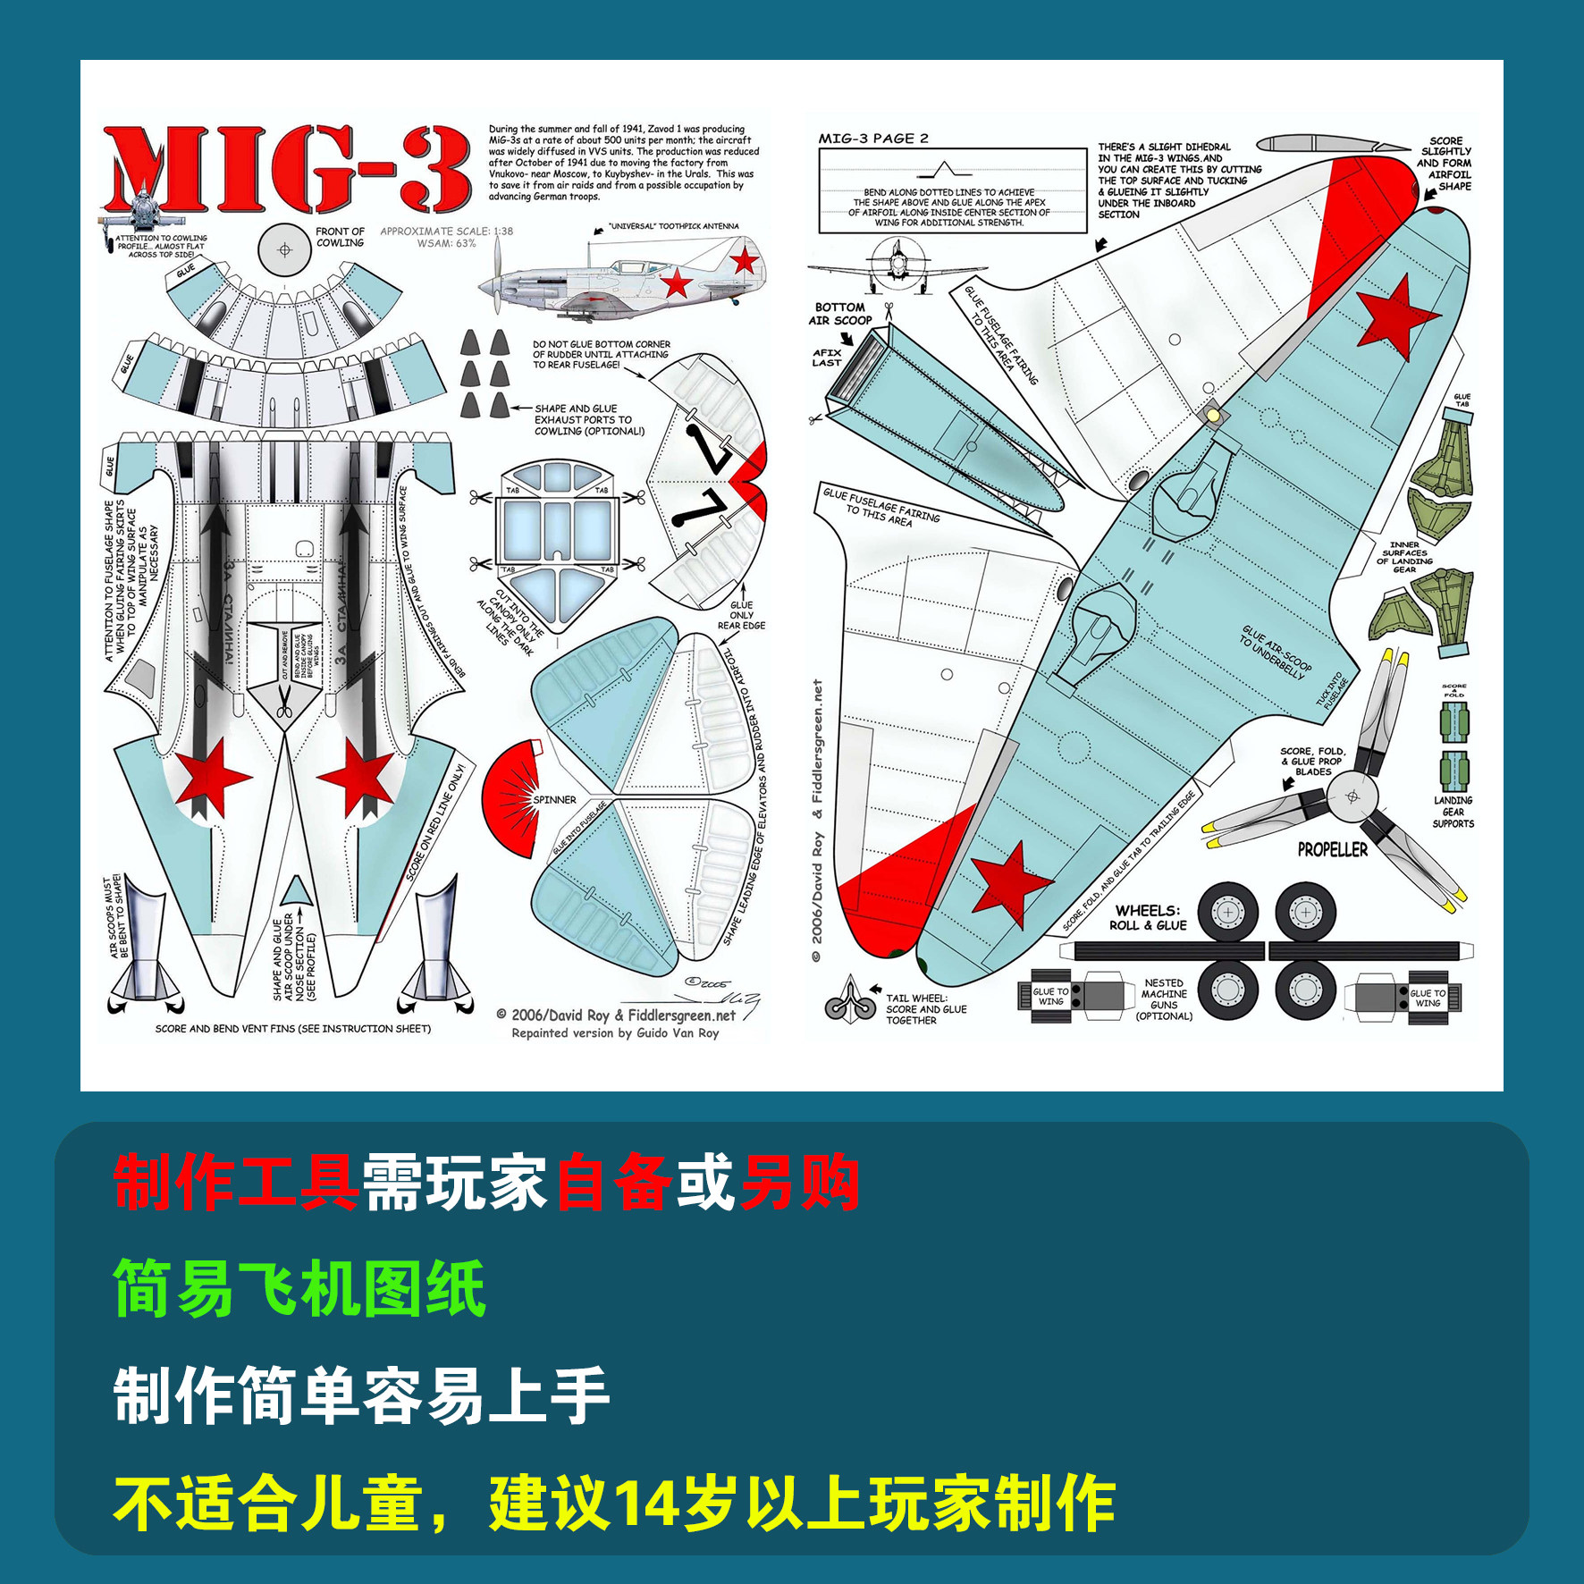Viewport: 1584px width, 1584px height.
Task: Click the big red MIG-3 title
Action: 286,170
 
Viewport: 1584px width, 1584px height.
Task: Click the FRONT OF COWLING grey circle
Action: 284,249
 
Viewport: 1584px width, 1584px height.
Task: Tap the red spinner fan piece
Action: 511,798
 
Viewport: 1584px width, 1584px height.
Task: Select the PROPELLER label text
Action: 1332,850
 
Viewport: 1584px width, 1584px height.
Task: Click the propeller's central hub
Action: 1352,796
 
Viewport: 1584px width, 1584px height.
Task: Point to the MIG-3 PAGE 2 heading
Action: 873,139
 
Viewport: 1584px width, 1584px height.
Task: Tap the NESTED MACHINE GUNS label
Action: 1164,999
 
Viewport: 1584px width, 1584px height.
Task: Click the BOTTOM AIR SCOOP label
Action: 839,314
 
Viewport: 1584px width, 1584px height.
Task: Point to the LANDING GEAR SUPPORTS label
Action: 1453,812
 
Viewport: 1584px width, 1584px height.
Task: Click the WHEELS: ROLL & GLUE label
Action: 1148,918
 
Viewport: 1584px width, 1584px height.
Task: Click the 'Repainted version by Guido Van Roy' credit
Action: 615,1033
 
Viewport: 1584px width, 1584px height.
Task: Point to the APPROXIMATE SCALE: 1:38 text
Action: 446,232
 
